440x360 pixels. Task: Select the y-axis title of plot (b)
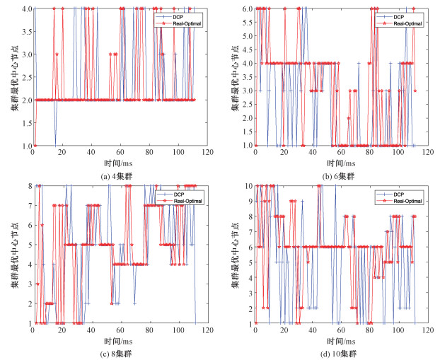pyautogui.click(x=231, y=77)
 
